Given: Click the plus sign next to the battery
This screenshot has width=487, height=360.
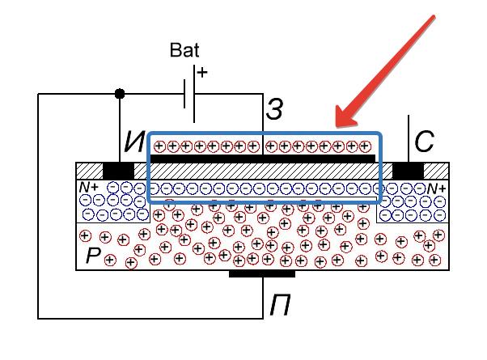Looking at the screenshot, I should [201, 73].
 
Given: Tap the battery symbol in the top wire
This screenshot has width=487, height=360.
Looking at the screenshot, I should [190, 93].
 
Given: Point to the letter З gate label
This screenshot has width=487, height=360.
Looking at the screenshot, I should [275, 110].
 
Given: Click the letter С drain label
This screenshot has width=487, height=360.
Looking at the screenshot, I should [424, 143].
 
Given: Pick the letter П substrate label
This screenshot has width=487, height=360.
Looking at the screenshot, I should [280, 306].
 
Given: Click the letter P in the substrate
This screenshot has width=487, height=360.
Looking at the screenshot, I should [93, 257].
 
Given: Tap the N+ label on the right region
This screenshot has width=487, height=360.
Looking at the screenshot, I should [437, 188].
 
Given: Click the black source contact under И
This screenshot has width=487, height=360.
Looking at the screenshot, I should [118, 172].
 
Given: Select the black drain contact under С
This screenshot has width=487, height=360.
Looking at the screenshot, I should [408, 172].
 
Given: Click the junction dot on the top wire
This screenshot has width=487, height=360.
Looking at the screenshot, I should [121, 93].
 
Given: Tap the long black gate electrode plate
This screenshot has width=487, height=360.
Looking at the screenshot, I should [264, 159].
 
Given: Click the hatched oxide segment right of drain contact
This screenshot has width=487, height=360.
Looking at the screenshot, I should [436, 172].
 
